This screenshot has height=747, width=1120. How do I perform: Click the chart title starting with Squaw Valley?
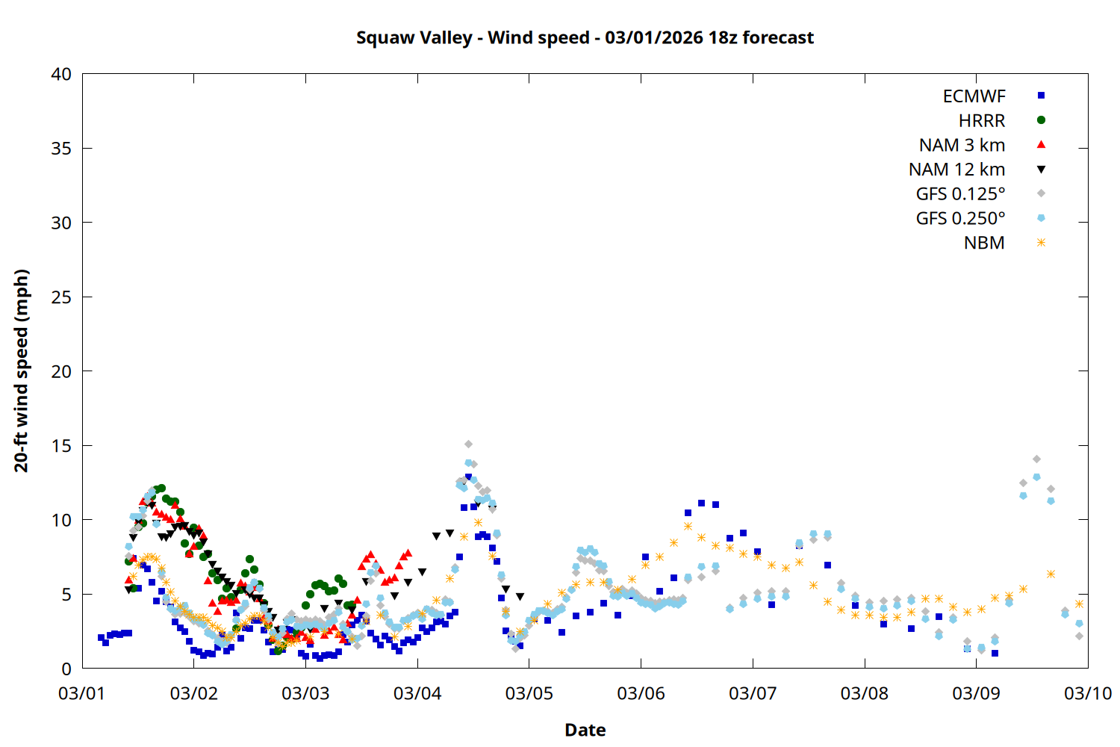click(x=585, y=38)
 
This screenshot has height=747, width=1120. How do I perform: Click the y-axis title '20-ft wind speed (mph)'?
click(x=22, y=371)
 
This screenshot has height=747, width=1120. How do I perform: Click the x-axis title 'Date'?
click(x=585, y=730)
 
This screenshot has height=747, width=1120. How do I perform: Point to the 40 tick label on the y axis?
click(x=61, y=75)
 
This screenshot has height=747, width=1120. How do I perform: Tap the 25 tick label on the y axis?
click(x=61, y=297)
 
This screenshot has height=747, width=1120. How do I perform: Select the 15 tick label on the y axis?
click(x=61, y=446)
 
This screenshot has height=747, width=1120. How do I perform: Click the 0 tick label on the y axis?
click(x=66, y=669)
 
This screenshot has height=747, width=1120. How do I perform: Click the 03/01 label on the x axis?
click(x=82, y=693)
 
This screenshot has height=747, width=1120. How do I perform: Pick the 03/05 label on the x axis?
click(x=529, y=693)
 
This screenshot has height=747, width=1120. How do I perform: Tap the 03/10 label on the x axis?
click(x=1087, y=693)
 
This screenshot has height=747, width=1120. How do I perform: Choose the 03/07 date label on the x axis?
click(x=753, y=693)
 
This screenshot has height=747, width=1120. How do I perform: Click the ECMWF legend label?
click(x=974, y=96)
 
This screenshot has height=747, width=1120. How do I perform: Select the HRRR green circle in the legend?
click(x=1041, y=120)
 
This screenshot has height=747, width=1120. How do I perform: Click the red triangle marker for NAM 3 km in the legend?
click(x=1041, y=145)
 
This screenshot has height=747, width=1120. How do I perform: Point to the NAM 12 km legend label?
click(x=956, y=170)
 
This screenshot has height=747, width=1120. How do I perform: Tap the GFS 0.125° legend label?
click(x=960, y=194)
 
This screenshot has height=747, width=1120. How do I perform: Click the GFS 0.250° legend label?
click(x=960, y=219)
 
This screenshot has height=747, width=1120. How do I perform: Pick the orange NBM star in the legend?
click(x=1041, y=243)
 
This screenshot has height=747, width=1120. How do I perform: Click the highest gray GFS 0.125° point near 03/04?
click(x=468, y=444)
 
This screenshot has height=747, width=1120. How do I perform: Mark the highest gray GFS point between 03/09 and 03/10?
click(x=1036, y=459)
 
